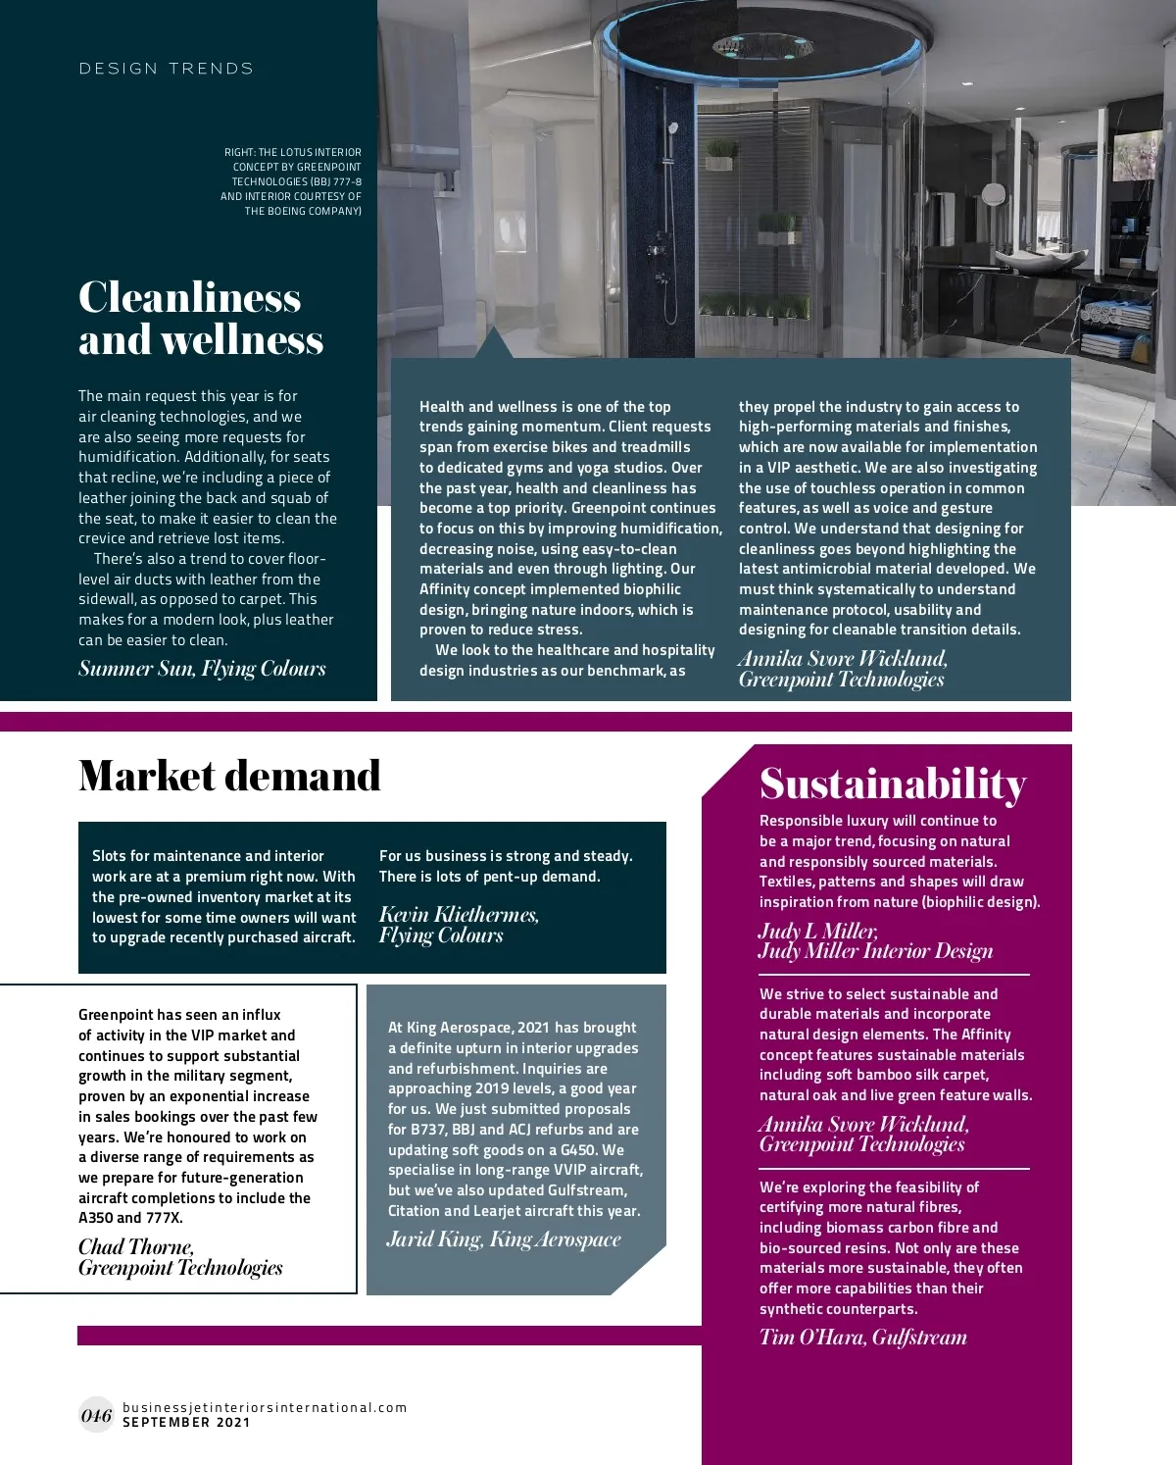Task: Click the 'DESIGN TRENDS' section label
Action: click(x=166, y=69)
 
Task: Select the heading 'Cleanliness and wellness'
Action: click(x=200, y=318)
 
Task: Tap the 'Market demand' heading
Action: click(x=229, y=776)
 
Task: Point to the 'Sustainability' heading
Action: click(x=893, y=783)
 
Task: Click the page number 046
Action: click(x=96, y=1415)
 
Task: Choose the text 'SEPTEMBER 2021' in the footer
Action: click(x=186, y=1423)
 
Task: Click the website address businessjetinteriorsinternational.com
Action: click(x=265, y=1407)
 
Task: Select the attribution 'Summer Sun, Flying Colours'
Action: click(x=202, y=669)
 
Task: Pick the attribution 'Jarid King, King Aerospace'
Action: click(x=504, y=1239)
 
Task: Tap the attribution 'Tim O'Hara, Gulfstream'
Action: click(x=862, y=1338)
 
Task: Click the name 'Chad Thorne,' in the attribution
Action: click(x=136, y=1247)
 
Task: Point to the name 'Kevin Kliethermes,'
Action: click(x=459, y=915)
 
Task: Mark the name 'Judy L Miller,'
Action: click(x=818, y=931)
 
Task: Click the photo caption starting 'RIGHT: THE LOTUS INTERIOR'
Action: click(x=291, y=181)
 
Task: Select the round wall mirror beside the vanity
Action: click(x=994, y=193)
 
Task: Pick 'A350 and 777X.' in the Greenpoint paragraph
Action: click(x=130, y=1218)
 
